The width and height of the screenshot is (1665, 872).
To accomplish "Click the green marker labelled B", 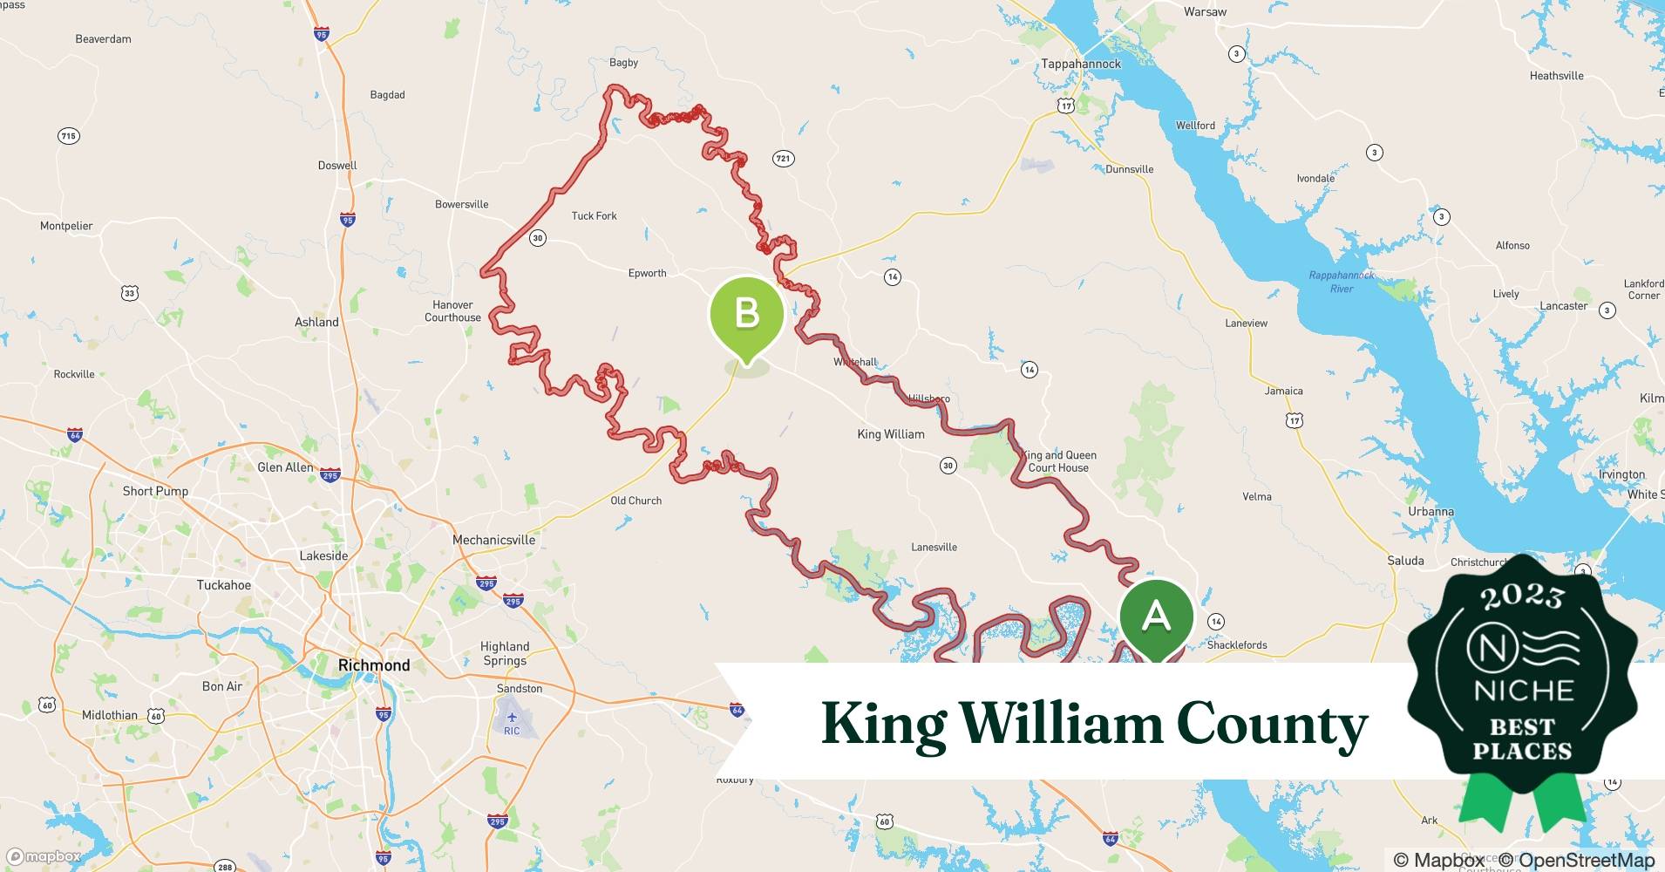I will pyautogui.click(x=747, y=314).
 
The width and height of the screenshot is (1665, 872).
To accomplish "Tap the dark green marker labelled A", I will pyautogui.click(x=1156, y=617).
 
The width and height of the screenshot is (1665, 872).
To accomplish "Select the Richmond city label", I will pyautogui.click(x=374, y=665).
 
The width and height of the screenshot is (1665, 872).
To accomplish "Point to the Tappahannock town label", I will pyautogui.click(x=1081, y=64).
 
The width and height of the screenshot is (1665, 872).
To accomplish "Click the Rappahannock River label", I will pyautogui.click(x=1341, y=282).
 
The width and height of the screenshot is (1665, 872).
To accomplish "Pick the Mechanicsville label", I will pyautogui.click(x=493, y=540).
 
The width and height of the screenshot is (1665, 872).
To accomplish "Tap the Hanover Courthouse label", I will pyautogui.click(x=452, y=311).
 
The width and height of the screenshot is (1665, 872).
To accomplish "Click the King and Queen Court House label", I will pyautogui.click(x=1058, y=461).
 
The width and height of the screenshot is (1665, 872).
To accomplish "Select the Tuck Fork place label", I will pyautogui.click(x=594, y=215).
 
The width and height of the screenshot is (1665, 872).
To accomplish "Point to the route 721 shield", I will pyautogui.click(x=783, y=158).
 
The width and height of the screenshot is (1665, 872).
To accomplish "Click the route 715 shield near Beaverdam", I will pyautogui.click(x=68, y=136).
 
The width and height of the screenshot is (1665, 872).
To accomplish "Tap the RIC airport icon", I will pyautogui.click(x=512, y=718).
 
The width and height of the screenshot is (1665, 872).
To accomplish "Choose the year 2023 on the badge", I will pyautogui.click(x=1522, y=596).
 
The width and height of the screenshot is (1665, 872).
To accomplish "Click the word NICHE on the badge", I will pyautogui.click(x=1523, y=691).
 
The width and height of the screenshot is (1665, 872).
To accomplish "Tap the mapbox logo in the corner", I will pyautogui.click(x=44, y=856).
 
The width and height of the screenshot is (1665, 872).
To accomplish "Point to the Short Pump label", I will pyautogui.click(x=155, y=491).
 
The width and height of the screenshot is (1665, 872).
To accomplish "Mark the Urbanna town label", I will pyautogui.click(x=1431, y=512).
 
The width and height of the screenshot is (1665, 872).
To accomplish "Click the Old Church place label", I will pyautogui.click(x=635, y=501).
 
